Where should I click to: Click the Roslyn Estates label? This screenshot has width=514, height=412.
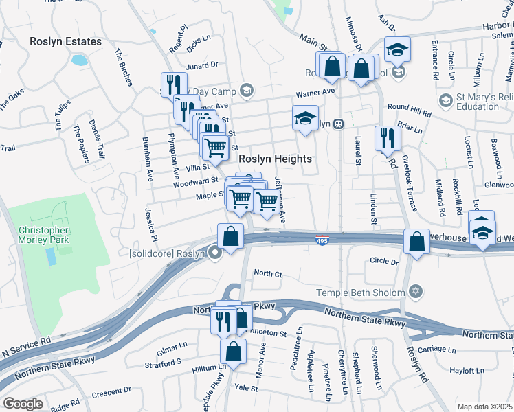click(65, 41)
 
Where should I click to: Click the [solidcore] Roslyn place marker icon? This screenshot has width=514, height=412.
click(216, 253)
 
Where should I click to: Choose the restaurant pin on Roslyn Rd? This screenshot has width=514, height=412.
click(388, 138)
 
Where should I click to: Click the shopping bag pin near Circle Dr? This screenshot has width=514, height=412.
click(416, 242)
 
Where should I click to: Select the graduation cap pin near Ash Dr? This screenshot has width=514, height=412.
click(396, 49)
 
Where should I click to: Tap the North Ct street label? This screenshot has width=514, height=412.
click(268, 274)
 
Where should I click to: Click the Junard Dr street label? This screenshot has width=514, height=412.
click(202, 65)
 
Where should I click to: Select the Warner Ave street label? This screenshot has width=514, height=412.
click(315, 91)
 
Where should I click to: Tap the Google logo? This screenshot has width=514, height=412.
click(23, 403)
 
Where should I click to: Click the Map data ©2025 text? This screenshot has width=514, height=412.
click(484, 407)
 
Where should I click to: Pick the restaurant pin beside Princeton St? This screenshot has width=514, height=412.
click(223, 319)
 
